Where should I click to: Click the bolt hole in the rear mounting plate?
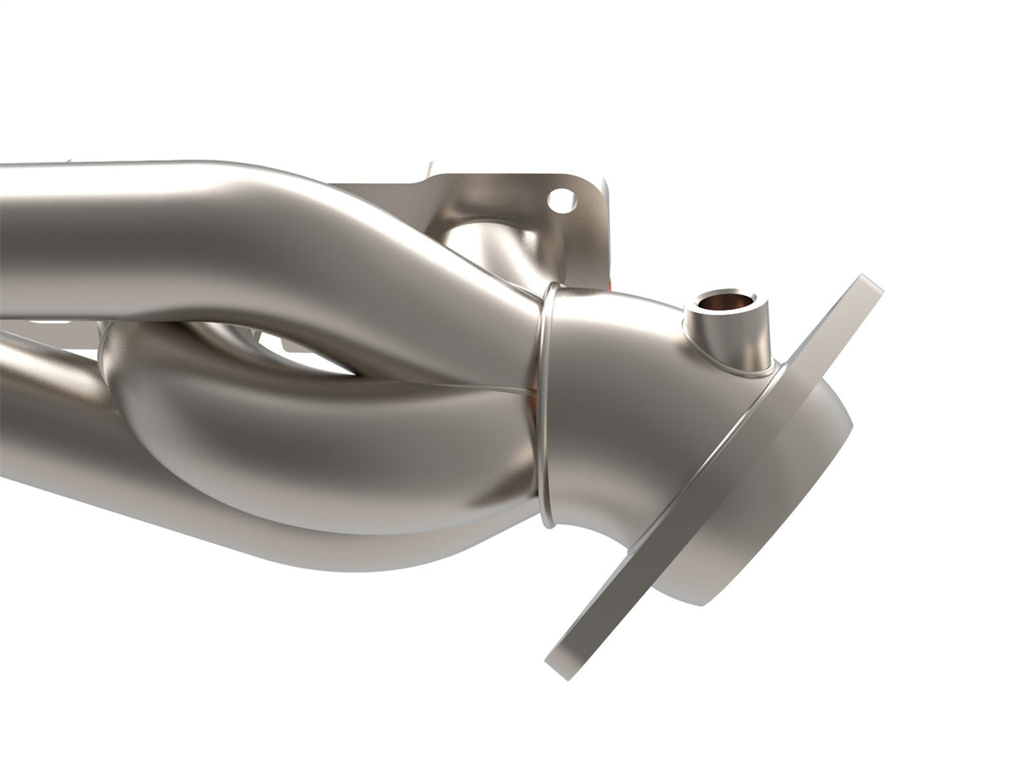[x=561, y=200]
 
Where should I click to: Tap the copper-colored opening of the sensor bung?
[x=724, y=302]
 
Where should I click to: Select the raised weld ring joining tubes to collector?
[x=544, y=399]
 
